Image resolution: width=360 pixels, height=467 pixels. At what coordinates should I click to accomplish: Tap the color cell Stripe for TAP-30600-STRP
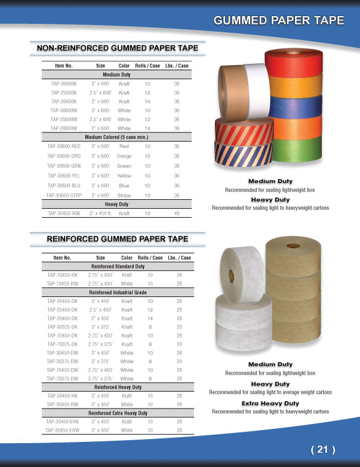[x=124, y=196]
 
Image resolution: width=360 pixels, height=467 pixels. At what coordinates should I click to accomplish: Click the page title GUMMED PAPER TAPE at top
[x=279, y=20]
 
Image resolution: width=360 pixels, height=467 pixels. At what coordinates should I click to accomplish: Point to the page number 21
[x=323, y=449]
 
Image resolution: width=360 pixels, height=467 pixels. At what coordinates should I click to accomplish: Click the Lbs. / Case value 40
[x=177, y=213]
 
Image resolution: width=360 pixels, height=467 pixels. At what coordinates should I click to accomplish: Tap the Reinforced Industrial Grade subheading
[x=118, y=293]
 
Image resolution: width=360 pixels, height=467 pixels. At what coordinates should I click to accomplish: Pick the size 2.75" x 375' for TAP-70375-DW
[x=100, y=378]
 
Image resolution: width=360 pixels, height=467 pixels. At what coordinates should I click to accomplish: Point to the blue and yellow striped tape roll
[x=239, y=156]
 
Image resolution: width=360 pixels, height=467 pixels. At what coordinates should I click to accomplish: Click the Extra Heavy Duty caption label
[x=270, y=404]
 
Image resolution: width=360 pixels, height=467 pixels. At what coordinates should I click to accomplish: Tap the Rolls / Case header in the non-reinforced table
[x=147, y=66]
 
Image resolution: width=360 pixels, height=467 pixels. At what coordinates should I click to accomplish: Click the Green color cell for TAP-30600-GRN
[x=124, y=166]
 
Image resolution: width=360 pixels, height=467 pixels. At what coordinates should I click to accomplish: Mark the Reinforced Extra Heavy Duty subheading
[x=118, y=413]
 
